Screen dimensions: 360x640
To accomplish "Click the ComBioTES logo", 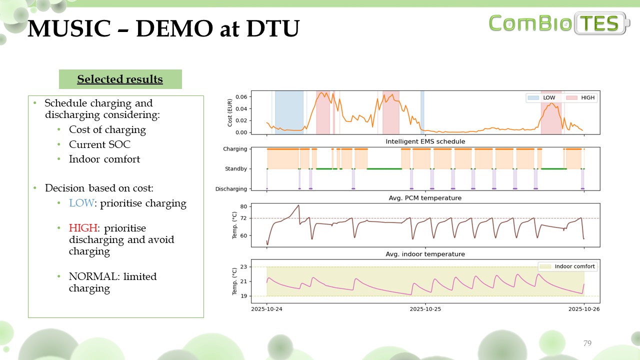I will tap(559, 22).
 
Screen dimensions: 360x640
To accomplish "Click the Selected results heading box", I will tap(120, 79).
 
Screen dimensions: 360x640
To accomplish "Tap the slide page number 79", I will tap(587, 343).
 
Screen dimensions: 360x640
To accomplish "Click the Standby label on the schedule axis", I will tap(235, 169).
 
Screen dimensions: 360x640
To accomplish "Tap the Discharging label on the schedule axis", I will tap(231, 189).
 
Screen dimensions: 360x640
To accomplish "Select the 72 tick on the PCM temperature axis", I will tap(243, 218).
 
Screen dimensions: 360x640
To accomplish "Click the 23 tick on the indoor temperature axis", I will tap(243, 267).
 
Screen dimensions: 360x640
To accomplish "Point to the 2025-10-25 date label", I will tap(425, 308).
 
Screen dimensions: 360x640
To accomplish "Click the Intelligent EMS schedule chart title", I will tap(425, 141).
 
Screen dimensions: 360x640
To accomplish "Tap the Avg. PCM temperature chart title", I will tap(425, 198).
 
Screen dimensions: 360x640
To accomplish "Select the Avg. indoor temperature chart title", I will tap(425, 254).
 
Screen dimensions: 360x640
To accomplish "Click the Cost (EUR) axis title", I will tap(230, 112).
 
